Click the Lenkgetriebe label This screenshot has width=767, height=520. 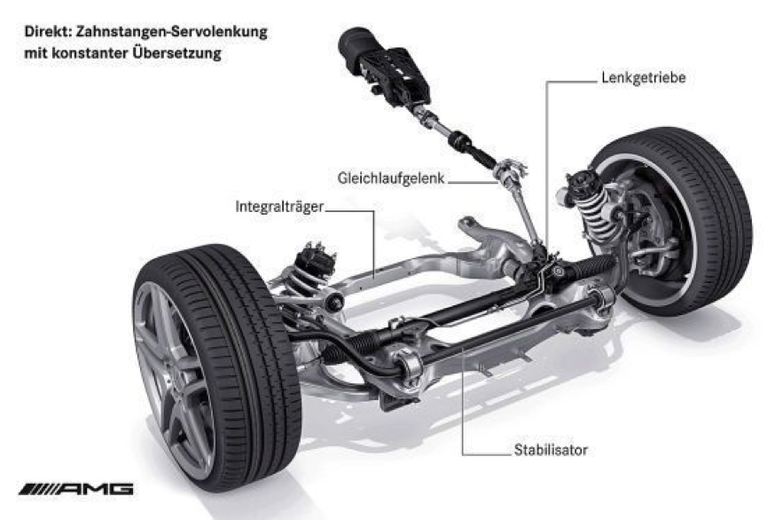643,78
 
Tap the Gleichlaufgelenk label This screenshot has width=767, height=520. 391,178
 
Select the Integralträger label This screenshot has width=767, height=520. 279,207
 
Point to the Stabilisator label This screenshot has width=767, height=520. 551,450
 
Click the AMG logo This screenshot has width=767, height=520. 76,489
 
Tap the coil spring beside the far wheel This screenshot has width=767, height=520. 593,209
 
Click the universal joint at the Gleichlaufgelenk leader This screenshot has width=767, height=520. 509,174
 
